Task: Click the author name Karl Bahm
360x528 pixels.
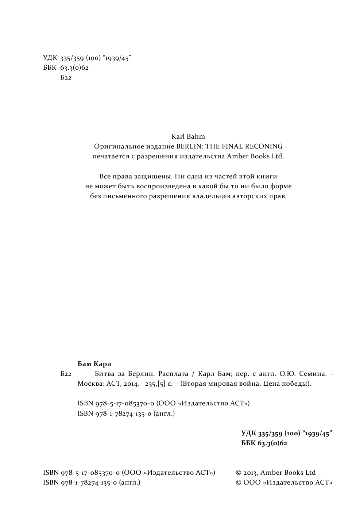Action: tap(188, 136)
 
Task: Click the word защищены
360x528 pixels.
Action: tap(153, 176)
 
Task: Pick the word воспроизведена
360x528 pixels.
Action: tap(164, 186)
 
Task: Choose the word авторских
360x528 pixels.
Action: tap(252, 196)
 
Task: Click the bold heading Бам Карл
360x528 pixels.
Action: tap(94, 364)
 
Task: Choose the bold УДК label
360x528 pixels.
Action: tap(249, 433)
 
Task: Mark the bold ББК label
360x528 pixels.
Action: tap(249, 443)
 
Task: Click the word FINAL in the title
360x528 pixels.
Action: tap(231, 146)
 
